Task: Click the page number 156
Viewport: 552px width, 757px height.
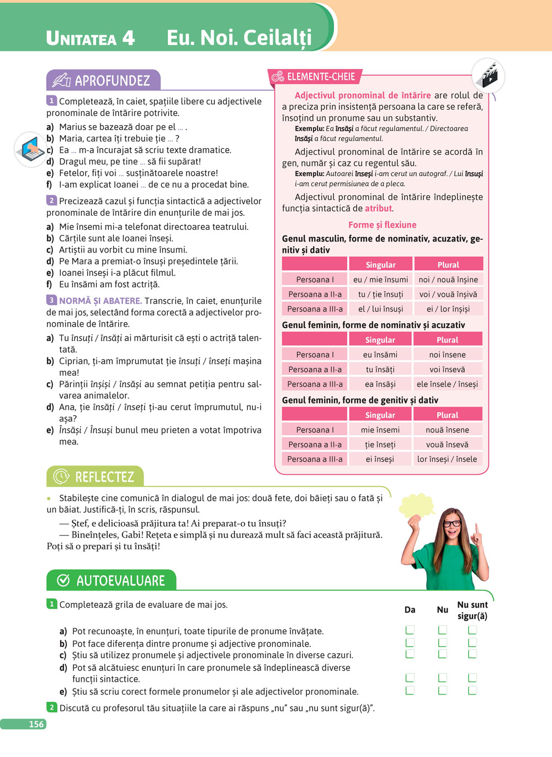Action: pos(36,724)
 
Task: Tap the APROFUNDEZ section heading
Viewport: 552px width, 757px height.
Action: pos(112,81)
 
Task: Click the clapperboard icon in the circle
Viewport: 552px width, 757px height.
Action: pos(489,76)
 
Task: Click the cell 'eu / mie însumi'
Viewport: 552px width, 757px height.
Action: pos(380,280)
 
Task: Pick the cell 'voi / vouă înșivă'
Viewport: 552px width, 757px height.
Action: pos(448,294)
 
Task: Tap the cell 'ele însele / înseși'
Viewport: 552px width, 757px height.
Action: pos(447,384)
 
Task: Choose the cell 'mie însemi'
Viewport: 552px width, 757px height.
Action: pos(380,430)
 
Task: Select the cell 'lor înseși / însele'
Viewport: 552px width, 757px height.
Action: pos(447,459)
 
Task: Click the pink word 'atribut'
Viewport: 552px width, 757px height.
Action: pos(378,208)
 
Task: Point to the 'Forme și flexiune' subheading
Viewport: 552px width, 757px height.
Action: pos(382,225)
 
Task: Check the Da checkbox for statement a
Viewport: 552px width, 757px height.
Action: pos(410,630)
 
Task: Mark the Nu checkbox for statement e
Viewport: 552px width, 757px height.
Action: pos(443,690)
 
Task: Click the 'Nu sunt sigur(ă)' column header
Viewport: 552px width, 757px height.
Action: pos(473,610)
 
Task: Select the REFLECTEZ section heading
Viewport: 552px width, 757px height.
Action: pos(104,477)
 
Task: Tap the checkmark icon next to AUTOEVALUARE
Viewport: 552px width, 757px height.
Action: pos(63,581)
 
